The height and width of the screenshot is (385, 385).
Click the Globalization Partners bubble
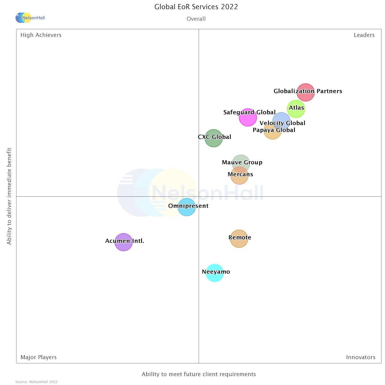(305, 92)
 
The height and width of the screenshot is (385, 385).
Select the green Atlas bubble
(296, 109)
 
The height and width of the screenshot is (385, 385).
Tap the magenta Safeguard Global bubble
(248, 117)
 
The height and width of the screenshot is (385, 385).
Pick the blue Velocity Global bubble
(281, 121)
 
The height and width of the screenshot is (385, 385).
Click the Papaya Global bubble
(272, 131)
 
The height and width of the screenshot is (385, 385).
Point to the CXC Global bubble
(214, 138)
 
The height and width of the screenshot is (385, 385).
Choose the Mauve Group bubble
(241, 162)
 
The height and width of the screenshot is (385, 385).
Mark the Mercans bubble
(239, 175)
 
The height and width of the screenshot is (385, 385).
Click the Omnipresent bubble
(187, 207)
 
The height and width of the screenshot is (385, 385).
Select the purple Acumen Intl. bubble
(124, 242)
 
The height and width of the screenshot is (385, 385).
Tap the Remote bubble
(239, 239)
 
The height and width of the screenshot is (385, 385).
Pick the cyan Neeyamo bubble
(215, 273)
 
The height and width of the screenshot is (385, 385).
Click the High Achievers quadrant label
(41, 35)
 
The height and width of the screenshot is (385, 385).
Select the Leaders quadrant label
(364, 35)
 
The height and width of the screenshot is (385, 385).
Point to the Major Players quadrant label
(38, 357)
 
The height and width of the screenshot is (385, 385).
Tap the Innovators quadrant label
(360, 357)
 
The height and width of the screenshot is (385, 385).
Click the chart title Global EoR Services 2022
(196, 7)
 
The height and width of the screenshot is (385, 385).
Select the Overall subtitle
(196, 19)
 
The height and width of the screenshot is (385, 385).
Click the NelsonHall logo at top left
(30, 18)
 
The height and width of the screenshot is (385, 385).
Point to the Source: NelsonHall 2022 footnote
(36, 382)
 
